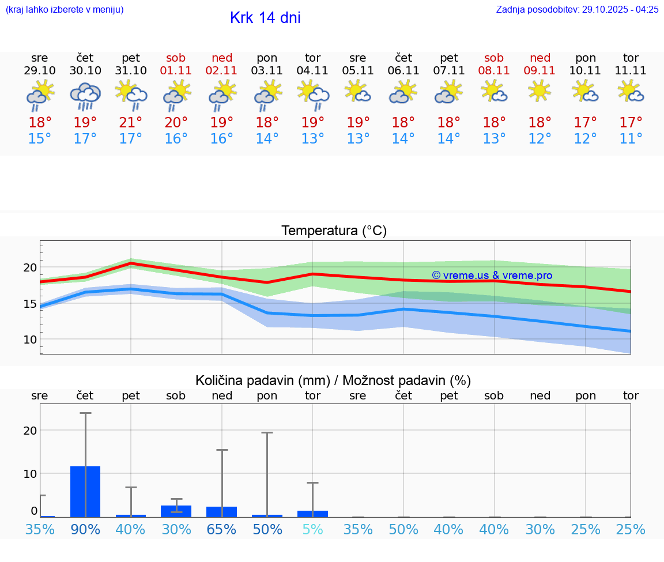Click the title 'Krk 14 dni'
click(265, 18)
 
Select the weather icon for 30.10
click(85, 96)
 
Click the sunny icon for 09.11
click(539, 90)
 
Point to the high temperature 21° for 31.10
click(131, 122)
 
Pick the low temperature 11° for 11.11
click(631, 138)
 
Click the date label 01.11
click(176, 70)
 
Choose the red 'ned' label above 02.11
click(222, 58)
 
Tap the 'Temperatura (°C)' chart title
click(334, 231)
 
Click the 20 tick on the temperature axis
click(30, 267)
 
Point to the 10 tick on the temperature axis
click(30, 340)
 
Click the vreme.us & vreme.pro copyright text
click(492, 276)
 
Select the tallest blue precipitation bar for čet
click(85, 491)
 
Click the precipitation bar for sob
click(176, 511)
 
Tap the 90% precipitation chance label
click(85, 529)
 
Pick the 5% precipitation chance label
click(312, 529)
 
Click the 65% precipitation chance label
click(222, 529)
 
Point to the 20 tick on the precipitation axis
click(30, 431)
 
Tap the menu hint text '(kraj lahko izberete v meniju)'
click(65, 9)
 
